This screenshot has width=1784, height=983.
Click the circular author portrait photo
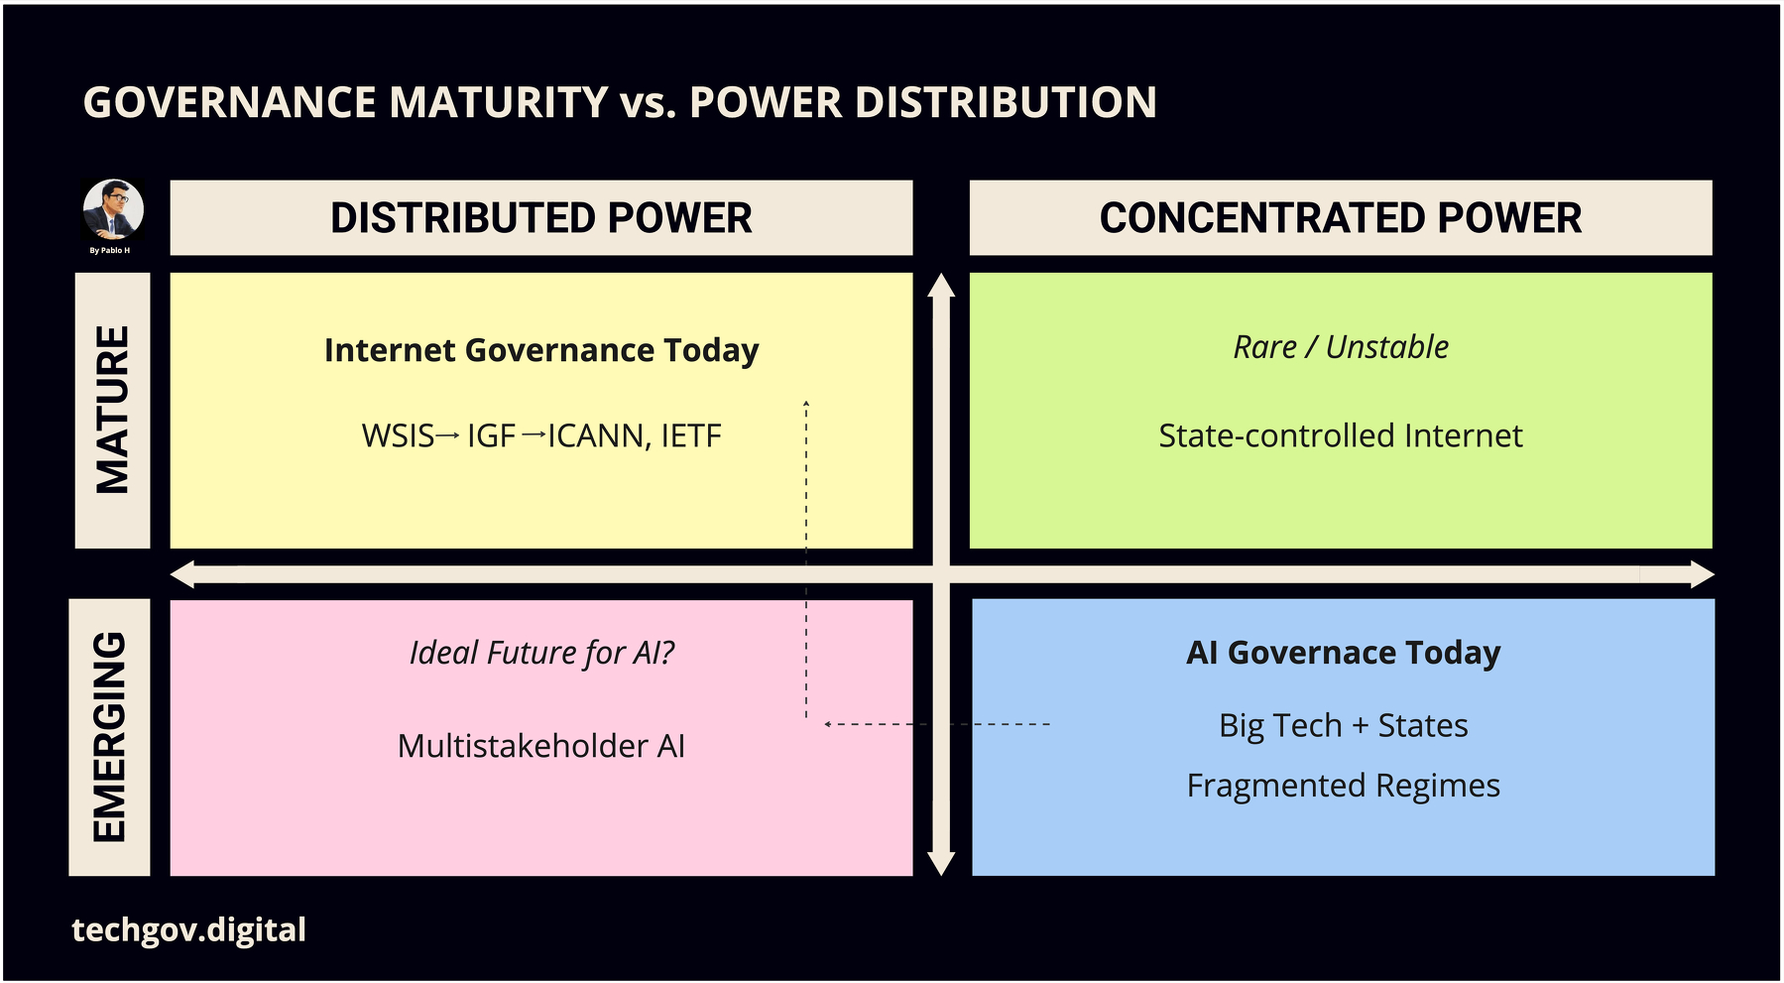tap(113, 209)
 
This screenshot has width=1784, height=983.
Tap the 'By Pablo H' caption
tap(110, 251)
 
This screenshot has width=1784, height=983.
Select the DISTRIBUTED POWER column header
tap(540, 218)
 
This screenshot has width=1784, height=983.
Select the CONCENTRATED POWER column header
tap(1340, 218)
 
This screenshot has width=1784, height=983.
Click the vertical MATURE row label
tap(112, 410)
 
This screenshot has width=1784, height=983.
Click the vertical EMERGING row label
tap(109, 737)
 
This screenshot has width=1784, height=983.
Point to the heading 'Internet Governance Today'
tap(540, 350)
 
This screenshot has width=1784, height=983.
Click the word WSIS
tap(398, 436)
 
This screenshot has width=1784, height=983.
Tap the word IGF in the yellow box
tap(491, 436)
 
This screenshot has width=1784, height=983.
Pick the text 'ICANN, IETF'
tap(635, 436)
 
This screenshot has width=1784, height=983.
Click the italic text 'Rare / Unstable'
tap(1340, 347)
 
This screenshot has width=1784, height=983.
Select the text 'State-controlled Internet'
tap(1340, 436)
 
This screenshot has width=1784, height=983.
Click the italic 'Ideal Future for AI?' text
tap(540, 653)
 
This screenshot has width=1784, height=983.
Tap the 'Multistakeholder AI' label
tap(540, 746)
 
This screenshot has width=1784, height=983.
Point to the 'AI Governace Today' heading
tap(1343, 653)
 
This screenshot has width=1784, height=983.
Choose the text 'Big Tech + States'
tap(1343, 725)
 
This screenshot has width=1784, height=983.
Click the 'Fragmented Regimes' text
tap(1343, 786)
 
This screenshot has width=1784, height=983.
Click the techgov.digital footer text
tap(188, 930)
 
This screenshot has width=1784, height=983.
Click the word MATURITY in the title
tap(499, 102)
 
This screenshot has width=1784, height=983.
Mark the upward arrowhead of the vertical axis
tap(941, 286)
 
